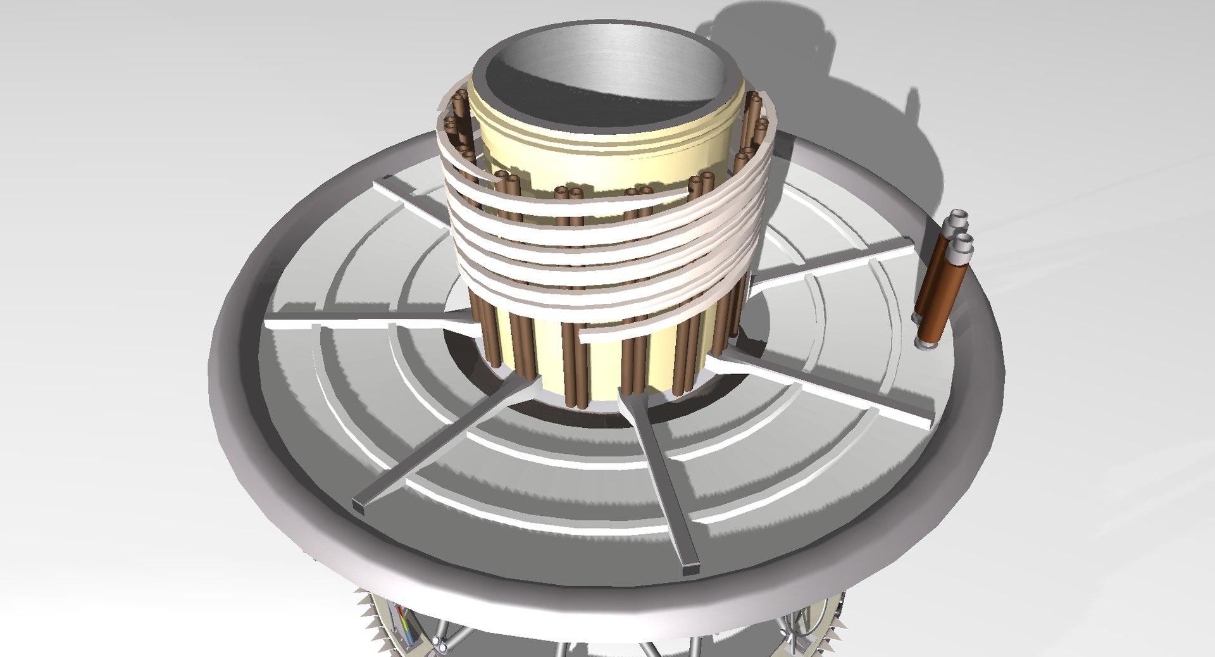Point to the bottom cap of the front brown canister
(927, 344)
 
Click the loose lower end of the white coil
(585, 336)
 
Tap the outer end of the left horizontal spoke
(272, 323)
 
